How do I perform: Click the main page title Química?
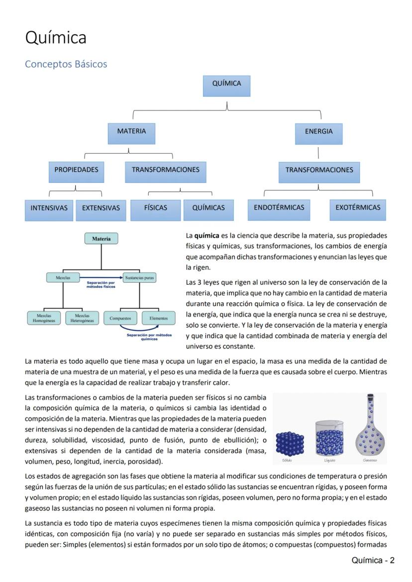56,38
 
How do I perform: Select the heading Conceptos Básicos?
66,64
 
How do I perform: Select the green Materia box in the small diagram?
102,239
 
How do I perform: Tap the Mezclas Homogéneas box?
43,318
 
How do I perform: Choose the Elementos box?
158,318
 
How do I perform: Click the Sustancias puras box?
139,278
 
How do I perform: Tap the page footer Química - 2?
373,561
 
